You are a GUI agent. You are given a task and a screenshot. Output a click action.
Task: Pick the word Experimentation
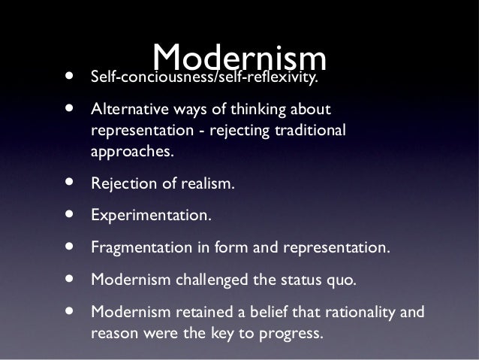(x=151, y=215)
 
